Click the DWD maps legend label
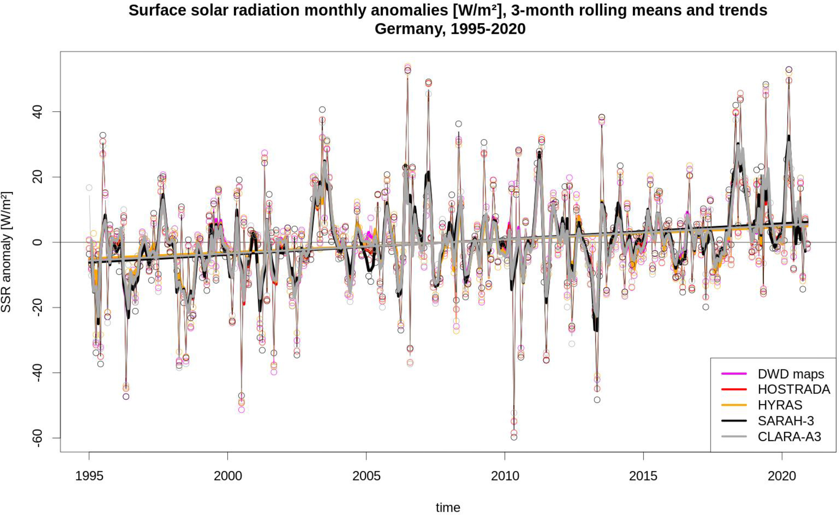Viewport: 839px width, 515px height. pyautogui.click(x=791, y=374)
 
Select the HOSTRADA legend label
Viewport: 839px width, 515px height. pyautogui.click(x=794, y=389)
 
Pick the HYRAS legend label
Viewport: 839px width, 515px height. pyautogui.click(x=780, y=405)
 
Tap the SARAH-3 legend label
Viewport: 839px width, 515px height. pyautogui.click(x=786, y=421)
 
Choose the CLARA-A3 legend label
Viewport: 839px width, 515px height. pyautogui.click(x=789, y=436)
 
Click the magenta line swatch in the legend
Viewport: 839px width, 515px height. pyautogui.click(x=734, y=374)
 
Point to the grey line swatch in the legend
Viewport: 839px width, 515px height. pyautogui.click(x=734, y=436)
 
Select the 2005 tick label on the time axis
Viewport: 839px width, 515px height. pyautogui.click(x=366, y=476)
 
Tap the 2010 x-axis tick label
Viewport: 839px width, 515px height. pyautogui.click(x=505, y=476)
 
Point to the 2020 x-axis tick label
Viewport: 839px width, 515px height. pyautogui.click(x=782, y=476)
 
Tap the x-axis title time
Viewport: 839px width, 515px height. pyautogui.click(x=448, y=507)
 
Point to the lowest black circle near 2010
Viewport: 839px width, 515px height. pyautogui.click(x=514, y=437)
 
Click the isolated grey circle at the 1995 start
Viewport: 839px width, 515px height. pyautogui.click(x=89, y=188)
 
